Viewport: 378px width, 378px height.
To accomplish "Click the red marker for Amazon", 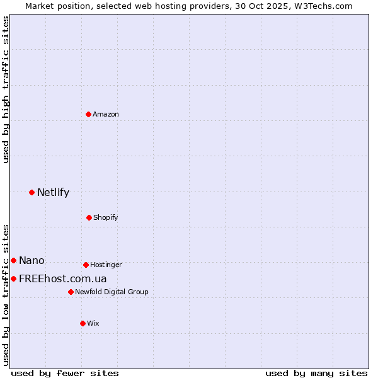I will [88, 114].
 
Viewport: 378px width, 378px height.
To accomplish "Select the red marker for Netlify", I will [31, 192].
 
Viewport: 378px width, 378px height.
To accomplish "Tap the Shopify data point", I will [89, 217].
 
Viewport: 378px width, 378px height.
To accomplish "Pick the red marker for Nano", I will [13, 260].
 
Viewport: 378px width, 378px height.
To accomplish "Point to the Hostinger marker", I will [86, 265].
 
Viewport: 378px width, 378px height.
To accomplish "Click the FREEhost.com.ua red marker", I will [13, 278].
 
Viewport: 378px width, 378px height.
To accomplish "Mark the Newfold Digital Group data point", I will [71, 292].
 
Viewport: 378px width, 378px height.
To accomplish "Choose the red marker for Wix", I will [83, 323].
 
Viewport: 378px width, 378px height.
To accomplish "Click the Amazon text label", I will [106, 114].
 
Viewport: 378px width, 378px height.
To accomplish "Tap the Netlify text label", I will [53, 192].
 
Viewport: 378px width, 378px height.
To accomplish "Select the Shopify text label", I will [106, 217].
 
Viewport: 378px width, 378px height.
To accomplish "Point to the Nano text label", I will [31, 260].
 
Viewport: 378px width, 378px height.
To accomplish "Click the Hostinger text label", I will [106, 265].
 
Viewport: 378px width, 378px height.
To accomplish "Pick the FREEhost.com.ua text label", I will [62, 278].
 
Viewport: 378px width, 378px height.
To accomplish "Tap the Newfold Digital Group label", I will [112, 292].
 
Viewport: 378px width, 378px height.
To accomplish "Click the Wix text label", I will [93, 323].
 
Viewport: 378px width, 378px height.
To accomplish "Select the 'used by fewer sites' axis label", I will [65, 373].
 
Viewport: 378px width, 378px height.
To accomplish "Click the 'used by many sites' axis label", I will [316, 373].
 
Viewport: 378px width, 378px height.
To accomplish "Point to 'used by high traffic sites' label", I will [6, 89].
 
